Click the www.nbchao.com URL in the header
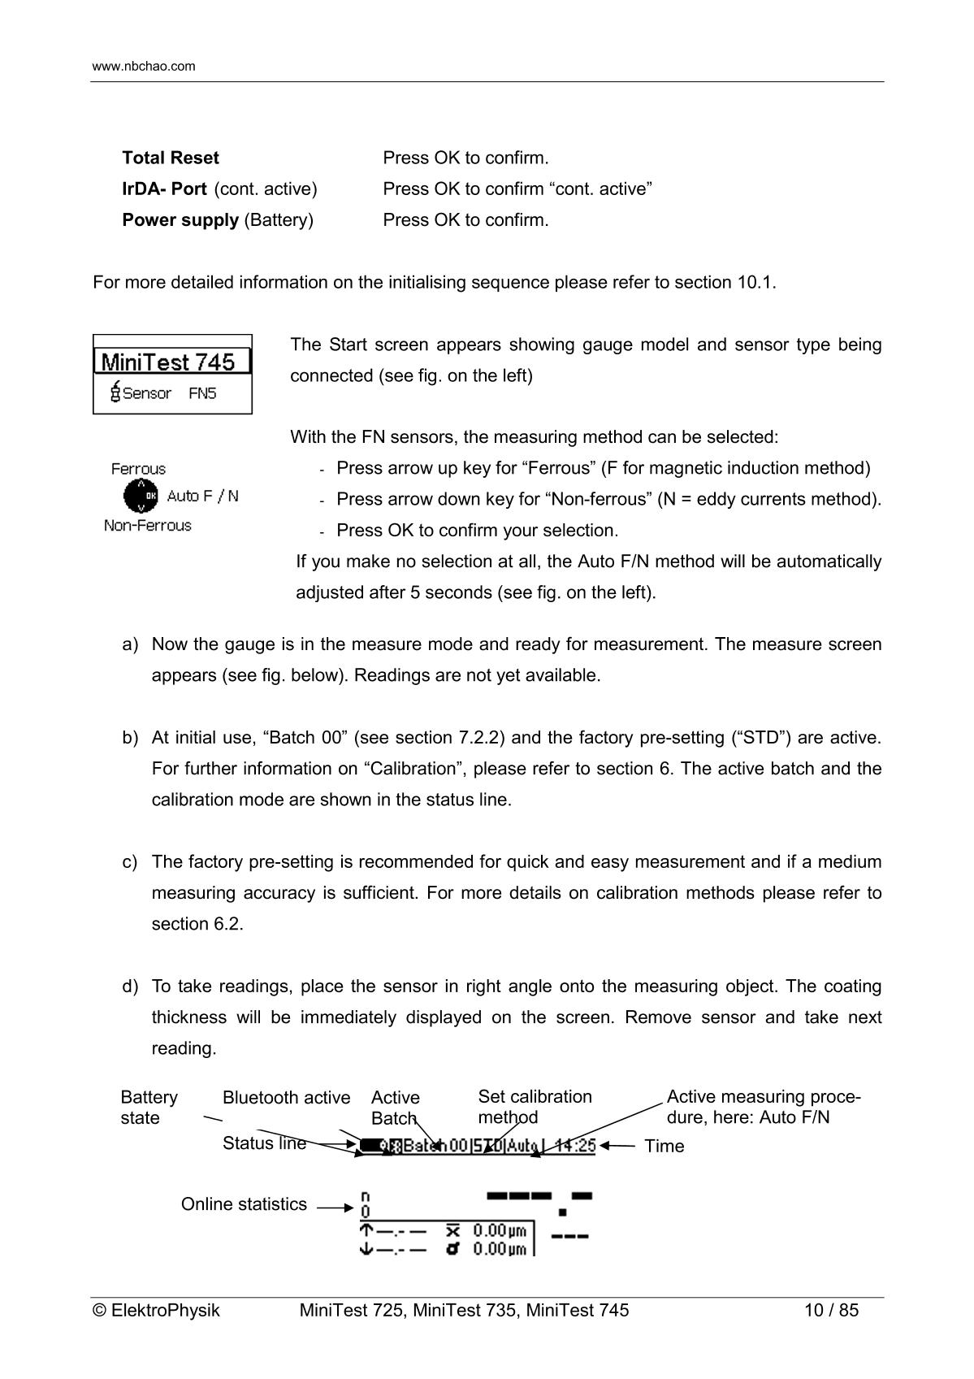(x=144, y=66)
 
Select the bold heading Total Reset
(x=171, y=158)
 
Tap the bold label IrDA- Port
(x=164, y=189)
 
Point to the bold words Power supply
(x=180, y=219)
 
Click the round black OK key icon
(x=141, y=496)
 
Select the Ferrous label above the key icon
(x=138, y=469)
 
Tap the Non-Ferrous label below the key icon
(x=148, y=525)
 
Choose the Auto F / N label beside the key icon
(x=202, y=496)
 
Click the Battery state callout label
(x=149, y=1107)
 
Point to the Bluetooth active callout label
(x=286, y=1098)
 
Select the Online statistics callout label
(x=244, y=1204)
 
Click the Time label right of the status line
(x=664, y=1146)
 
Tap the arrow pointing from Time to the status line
(x=618, y=1146)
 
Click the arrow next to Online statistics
(x=335, y=1208)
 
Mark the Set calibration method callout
(x=535, y=1107)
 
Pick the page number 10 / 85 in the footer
(x=831, y=1310)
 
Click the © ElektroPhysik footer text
(x=157, y=1310)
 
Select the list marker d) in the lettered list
(x=130, y=987)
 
